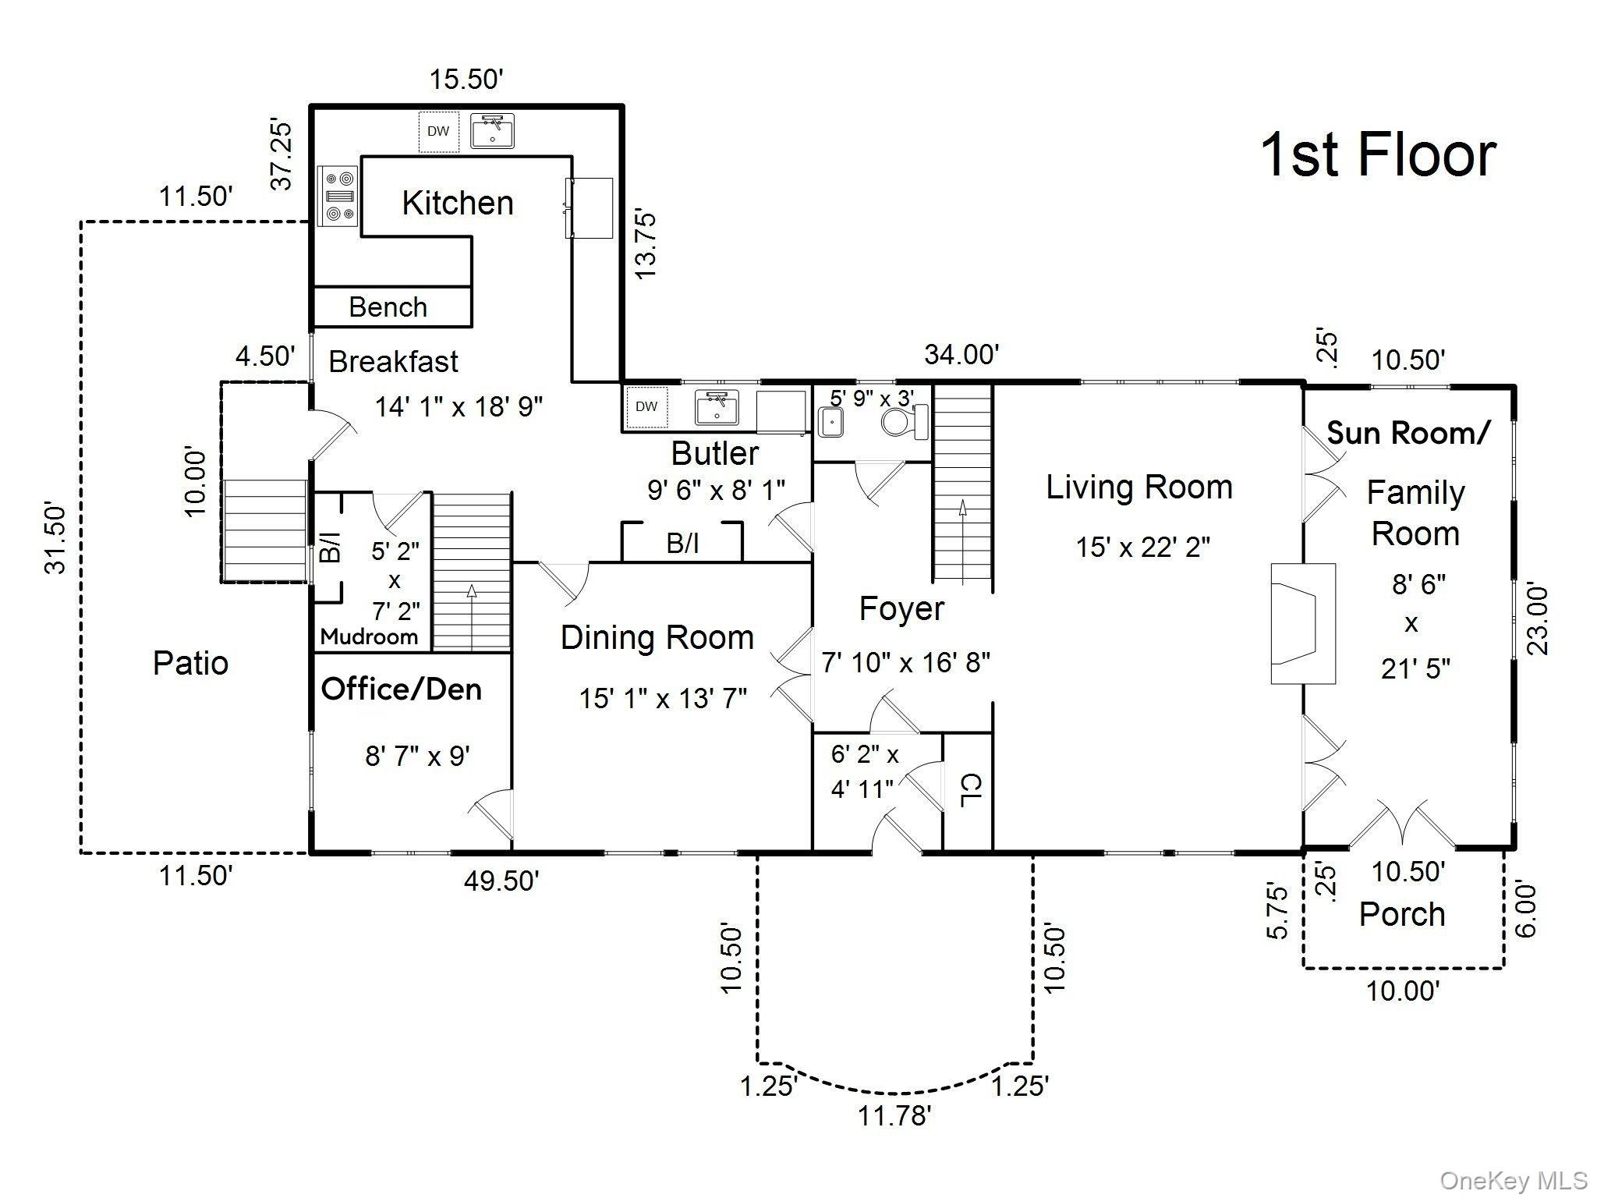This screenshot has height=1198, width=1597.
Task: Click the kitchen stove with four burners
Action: pyautogui.click(x=338, y=196)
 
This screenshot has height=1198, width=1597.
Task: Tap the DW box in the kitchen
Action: pyautogui.click(x=438, y=131)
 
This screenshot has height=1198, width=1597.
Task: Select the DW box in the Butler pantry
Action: pyautogui.click(x=646, y=406)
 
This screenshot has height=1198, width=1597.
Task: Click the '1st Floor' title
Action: pyautogui.click(x=1377, y=155)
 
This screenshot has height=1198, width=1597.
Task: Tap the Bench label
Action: pyautogui.click(x=388, y=307)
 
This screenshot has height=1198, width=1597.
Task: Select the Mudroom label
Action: pyautogui.click(x=369, y=636)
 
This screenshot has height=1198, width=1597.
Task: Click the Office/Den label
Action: pyautogui.click(x=401, y=689)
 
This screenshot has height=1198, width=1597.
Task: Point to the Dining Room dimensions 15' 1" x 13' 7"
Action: pyautogui.click(x=663, y=698)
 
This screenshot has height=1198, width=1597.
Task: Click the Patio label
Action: pyautogui.click(x=190, y=664)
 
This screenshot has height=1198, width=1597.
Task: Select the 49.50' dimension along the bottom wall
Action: pyautogui.click(x=501, y=881)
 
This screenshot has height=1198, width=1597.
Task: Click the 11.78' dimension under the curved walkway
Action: pyautogui.click(x=894, y=1116)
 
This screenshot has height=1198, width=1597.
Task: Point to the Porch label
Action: pyautogui.click(x=1401, y=914)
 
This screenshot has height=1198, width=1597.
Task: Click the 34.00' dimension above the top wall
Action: pyautogui.click(x=961, y=355)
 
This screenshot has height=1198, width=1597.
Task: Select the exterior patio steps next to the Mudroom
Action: pyautogui.click(x=264, y=530)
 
